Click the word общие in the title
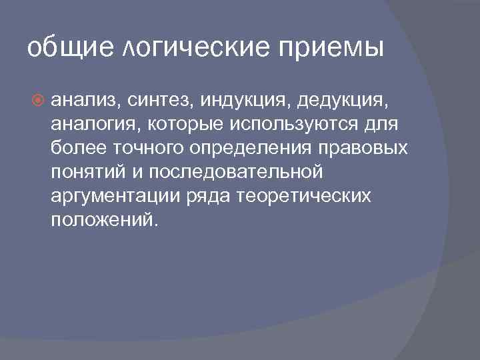tap(62, 49)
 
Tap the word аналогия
tap(90, 125)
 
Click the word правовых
tap(357, 148)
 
